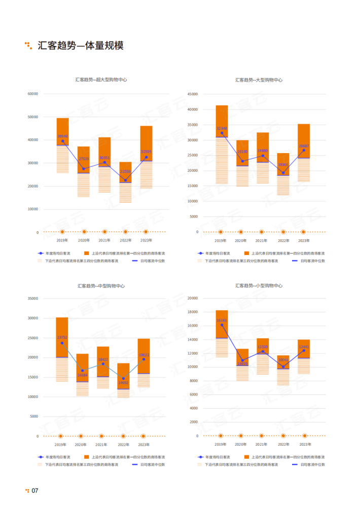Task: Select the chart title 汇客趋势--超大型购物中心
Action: click(101, 80)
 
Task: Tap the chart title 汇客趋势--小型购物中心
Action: click(259, 286)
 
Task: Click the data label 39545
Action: click(62, 136)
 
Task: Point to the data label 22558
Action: click(125, 172)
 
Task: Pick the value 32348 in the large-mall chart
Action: click(222, 128)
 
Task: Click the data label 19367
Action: click(283, 164)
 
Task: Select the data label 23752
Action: click(62, 337)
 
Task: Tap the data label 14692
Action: click(123, 383)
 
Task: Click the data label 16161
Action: click(222, 320)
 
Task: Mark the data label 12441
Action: click(304, 347)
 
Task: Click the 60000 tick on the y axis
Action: click(33, 94)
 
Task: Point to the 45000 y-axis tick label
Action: click(193, 94)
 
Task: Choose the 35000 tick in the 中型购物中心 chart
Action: click(33, 299)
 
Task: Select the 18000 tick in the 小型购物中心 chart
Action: click(193, 312)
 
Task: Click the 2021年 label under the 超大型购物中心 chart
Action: click(104, 240)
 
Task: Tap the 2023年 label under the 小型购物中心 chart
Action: click(305, 444)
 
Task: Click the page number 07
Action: click(35, 491)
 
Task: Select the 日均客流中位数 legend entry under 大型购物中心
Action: click(312, 261)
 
